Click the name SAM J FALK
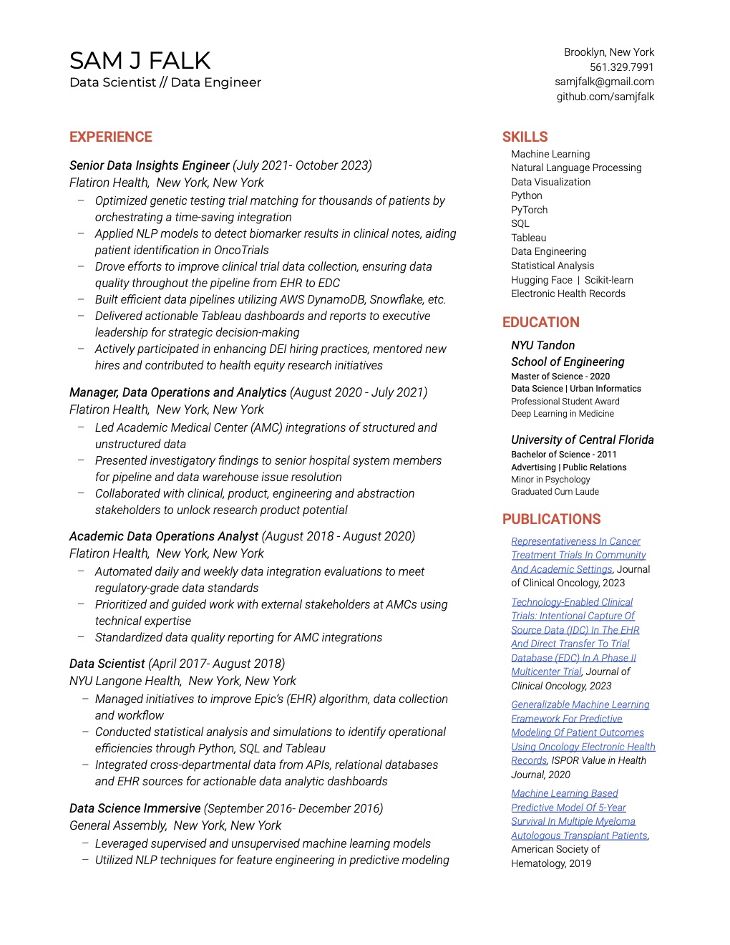pos(140,61)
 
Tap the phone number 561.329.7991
pos(621,67)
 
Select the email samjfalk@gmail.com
pos(604,82)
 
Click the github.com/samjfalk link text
pos(605,97)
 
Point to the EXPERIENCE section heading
pos(111,137)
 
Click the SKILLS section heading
pos(525,137)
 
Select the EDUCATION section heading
pos(540,322)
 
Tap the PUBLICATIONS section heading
pos(551,519)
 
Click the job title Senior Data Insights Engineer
pos(149,165)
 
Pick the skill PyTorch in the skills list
pos(529,210)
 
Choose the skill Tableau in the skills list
pos(528,238)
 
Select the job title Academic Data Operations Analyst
pos(163,536)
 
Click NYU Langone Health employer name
pos(125,681)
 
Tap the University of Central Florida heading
pos(582,440)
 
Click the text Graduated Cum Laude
pos(555,492)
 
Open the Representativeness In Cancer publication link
pos(575,541)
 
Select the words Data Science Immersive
pos(135,808)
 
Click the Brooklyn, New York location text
pos(608,52)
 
